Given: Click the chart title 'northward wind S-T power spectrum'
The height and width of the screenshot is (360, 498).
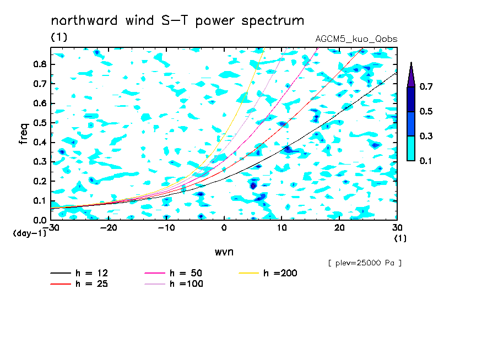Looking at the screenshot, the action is click(x=177, y=21).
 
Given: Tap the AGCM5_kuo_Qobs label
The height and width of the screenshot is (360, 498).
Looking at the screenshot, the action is click(x=356, y=39).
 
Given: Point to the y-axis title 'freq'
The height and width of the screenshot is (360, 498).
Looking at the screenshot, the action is click(x=24, y=133).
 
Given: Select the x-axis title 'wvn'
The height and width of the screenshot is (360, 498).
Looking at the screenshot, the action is click(x=224, y=252).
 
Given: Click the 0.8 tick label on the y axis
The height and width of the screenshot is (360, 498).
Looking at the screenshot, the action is click(x=40, y=64).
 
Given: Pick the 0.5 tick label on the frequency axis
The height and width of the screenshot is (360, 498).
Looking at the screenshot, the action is click(x=40, y=123).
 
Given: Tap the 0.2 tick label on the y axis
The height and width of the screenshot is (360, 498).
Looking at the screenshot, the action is click(x=40, y=181).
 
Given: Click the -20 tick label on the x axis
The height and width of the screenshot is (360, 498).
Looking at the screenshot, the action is click(x=109, y=228).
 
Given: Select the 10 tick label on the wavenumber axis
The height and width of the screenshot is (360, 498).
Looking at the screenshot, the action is click(x=282, y=228).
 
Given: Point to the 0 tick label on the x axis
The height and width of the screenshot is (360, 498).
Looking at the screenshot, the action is click(x=224, y=228).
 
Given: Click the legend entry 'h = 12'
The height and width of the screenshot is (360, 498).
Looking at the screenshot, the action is click(x=79, y=273).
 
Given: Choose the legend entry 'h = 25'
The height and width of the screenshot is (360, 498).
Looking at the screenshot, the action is click(x=79, y=283).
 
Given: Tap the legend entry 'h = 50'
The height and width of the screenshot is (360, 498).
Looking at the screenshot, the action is click(x=174, y=273).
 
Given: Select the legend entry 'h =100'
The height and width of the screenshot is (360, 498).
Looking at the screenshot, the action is click(x=174, y=283).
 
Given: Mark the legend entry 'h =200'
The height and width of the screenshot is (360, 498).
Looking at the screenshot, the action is click(x=268, y=273).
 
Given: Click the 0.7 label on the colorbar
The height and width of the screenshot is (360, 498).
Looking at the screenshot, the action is click(x=426, y=86).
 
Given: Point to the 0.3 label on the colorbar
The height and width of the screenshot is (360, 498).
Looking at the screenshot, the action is click(x=426, y=136).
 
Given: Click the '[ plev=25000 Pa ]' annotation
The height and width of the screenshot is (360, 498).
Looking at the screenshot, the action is click(x=365, y=263).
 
